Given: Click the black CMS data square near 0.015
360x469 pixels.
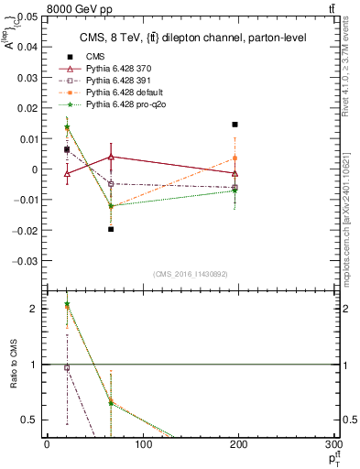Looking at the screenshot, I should tap(235, 125).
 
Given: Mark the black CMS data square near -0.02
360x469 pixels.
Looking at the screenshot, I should tap(111, 229).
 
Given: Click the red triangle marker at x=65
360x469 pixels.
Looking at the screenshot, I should tap(111, 157).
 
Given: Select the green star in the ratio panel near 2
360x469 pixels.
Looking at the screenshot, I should tap(67, 304).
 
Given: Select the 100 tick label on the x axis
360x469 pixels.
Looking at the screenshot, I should tap(142, 445).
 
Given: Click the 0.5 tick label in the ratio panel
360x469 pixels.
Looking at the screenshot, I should tap(30, 420).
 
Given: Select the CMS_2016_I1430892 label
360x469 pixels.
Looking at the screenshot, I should tap(191, 274).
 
